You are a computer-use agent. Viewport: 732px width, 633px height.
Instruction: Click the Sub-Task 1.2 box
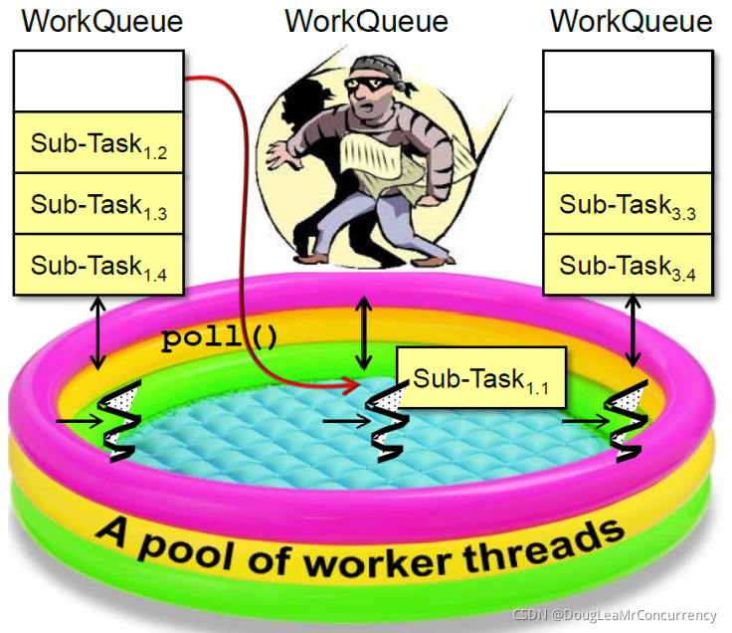pos(98,143)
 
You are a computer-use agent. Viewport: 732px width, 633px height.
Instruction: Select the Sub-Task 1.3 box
pos(98,204)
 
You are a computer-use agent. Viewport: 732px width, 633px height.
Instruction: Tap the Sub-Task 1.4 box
pos(98,265)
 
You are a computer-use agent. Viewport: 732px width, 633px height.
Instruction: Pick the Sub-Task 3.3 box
pos(627,204)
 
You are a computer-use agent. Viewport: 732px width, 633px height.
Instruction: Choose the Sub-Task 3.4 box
pos(627,265)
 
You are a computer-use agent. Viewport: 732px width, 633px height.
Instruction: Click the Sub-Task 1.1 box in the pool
pos(480,378)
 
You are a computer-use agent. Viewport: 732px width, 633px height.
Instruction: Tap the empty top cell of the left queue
pos(98,82)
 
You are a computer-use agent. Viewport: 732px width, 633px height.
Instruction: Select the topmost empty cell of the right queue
pos(627,82)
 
